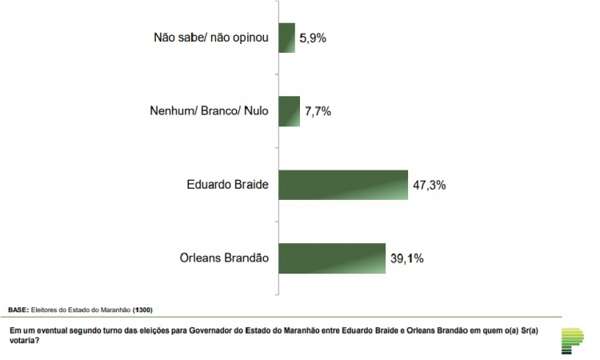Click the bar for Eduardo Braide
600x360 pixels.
tap(343, 185)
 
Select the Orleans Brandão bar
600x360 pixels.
tap(332, 258)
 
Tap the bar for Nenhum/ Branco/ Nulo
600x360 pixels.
tap(289, 111)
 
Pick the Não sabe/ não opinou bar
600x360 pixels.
tap(286, 38)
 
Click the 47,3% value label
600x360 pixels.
tap(429, 185)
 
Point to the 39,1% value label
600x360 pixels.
tap(406, 258)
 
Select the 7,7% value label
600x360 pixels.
tap(317, 111)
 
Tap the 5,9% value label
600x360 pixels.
tap(313, 38)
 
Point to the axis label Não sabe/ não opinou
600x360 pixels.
tap(206, 38)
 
